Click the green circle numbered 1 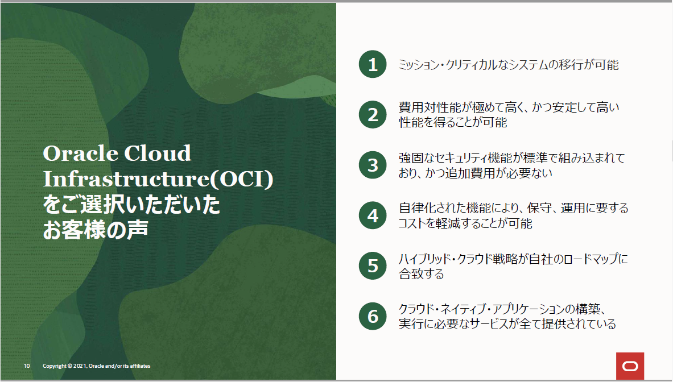(x=373, y=64)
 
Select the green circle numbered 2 (x=373, y=114)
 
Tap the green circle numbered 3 (x=373, y=165)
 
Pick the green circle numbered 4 (x=373, y=215)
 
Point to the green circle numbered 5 (x=373, y=266)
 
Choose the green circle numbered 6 (x=373, y=317)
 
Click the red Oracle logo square (x=630, y=366)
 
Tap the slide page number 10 (x=27, y=366)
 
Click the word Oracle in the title (x=80, y=153)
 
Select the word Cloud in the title (x=158, y=153)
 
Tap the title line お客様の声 (x=95, y=230)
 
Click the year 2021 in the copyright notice (x=80, y=366)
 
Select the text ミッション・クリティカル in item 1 (x=448, y=65)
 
